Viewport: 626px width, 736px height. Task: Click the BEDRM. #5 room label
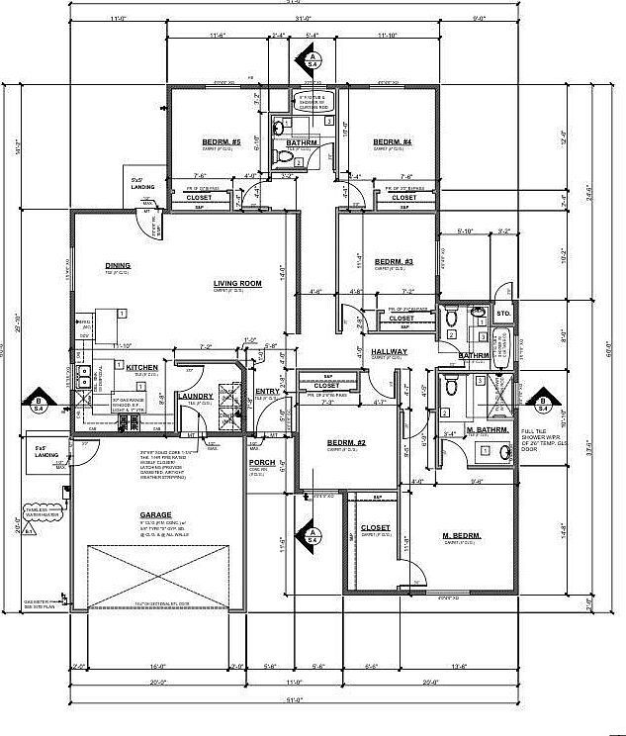(x=222, y=142)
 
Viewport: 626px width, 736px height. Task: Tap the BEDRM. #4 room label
(x=392, y=142)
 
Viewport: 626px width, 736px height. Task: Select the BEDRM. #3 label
(x=393, y=261)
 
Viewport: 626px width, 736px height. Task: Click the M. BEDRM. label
(x=461, y=535)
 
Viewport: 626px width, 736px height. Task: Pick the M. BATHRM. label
(x=487, y=430)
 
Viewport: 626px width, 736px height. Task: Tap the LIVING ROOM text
(x=237, y=284)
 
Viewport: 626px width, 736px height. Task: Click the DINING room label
(x=118, y=265)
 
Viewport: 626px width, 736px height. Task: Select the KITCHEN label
(x=141, y=367)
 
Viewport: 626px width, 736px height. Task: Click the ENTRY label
(x=267, y=392)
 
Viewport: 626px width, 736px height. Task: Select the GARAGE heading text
(x=155, y=514)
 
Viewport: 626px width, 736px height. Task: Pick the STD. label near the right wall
(x=502, y=314)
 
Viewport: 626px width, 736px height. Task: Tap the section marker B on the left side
(x=39, y=401)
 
